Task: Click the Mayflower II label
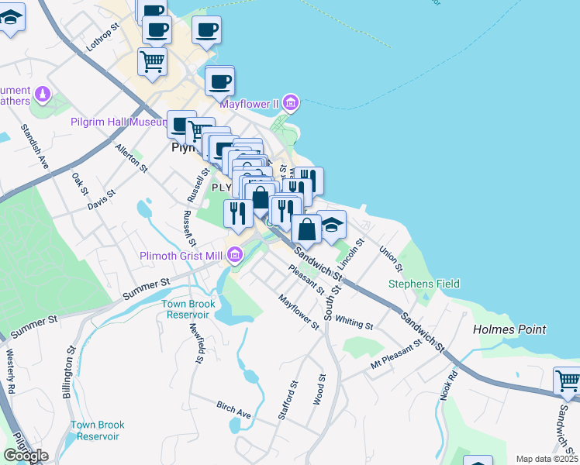click(248, 103)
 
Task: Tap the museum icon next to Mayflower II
click(290, 102)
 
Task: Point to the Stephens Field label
click(424, 284)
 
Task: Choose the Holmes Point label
click(509, 329)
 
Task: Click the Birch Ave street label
click(234, 410)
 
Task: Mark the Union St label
click(391, 259)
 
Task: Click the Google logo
click(26, 456)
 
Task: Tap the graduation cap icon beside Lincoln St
click(331, 226)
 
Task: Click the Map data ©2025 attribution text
click(547, 459)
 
